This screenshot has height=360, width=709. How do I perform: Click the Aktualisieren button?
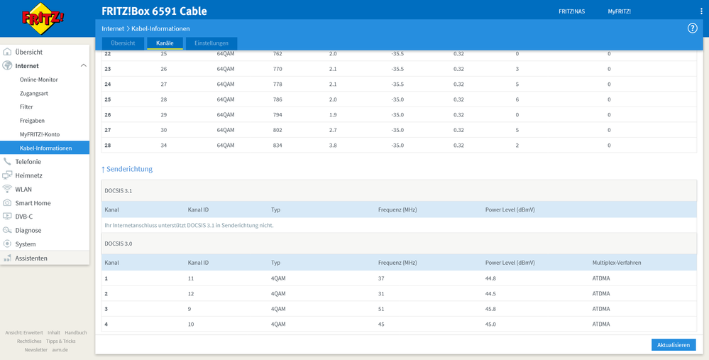(x=673, y=345)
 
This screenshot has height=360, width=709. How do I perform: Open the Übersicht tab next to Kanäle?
(x=123, y=43)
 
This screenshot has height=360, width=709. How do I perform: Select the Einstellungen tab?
(x=211, y=43)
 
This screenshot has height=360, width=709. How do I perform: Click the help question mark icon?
(x=692, y=28)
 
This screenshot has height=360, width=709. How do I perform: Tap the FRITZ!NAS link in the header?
(x=571, y=11)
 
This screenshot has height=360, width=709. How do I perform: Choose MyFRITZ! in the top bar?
(x=619, y=11)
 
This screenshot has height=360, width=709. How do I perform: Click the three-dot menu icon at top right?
(x=701, y=11)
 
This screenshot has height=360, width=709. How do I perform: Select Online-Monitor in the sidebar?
(x=39, y=80)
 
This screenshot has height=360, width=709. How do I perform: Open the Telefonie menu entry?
(x=28, y=162)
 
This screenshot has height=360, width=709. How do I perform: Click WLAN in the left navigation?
(x=23, y=190)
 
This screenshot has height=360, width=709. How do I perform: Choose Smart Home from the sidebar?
(x=33, y=203)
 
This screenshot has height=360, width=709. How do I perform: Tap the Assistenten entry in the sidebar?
(x=31, y=258)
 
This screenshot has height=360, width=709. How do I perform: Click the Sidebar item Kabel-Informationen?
(x=45, y=148)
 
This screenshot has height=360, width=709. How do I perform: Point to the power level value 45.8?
(x=492, y=309)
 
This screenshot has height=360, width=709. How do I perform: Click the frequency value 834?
(x=277, y=146)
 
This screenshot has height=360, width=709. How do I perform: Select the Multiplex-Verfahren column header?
(x=616, y=263)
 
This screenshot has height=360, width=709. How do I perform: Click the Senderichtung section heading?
(x=128, y=169)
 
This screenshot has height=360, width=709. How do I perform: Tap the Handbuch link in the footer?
(x=75, y=332)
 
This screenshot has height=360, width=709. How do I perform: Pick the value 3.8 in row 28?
(x=334, y=146)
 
